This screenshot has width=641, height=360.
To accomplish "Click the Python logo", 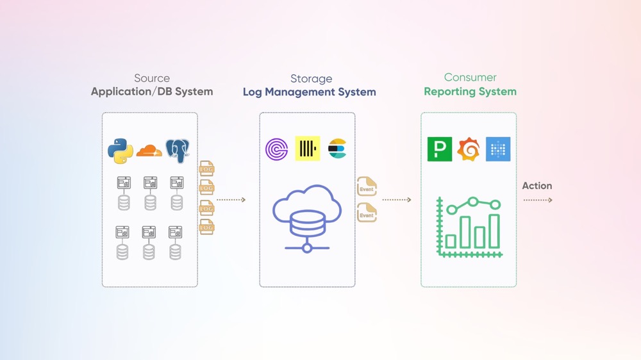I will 121,151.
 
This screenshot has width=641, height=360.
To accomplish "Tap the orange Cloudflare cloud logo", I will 149,151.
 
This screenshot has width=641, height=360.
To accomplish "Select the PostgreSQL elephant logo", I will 178,151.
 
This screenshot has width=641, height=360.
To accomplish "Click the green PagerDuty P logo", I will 440,149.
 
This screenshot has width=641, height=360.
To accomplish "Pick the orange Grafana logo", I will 469,149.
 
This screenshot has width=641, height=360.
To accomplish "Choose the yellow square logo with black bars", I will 308,149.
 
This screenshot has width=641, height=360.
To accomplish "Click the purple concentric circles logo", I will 277,149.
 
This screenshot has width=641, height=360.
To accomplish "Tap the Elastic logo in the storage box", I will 337,149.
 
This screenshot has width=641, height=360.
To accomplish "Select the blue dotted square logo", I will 498,149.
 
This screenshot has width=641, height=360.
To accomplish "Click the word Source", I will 152,78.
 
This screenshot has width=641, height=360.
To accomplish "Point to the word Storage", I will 311,79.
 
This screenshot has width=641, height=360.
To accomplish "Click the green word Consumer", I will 470,78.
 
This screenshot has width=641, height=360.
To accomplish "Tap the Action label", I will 537,186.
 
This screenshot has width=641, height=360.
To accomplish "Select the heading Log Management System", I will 309,92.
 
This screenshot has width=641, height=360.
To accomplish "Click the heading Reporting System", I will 470,92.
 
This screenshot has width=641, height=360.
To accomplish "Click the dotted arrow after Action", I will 537,200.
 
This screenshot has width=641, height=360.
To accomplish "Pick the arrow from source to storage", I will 231,200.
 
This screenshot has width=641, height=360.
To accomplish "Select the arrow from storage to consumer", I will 397,200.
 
